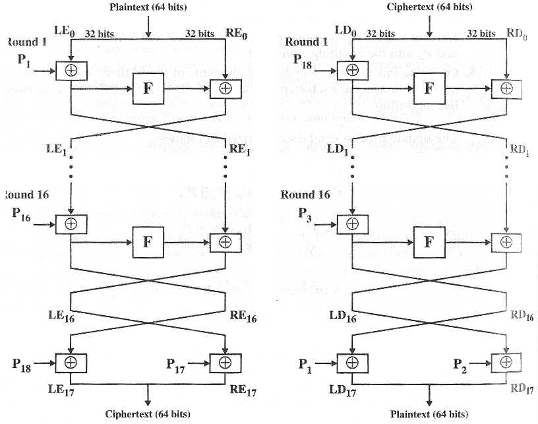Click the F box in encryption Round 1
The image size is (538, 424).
[x=147, y=88]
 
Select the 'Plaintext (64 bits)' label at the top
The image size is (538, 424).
[x=150, y=7]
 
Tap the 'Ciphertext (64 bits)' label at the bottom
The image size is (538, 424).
[x=148, y=414]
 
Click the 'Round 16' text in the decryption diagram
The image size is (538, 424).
[x=305, y=195]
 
